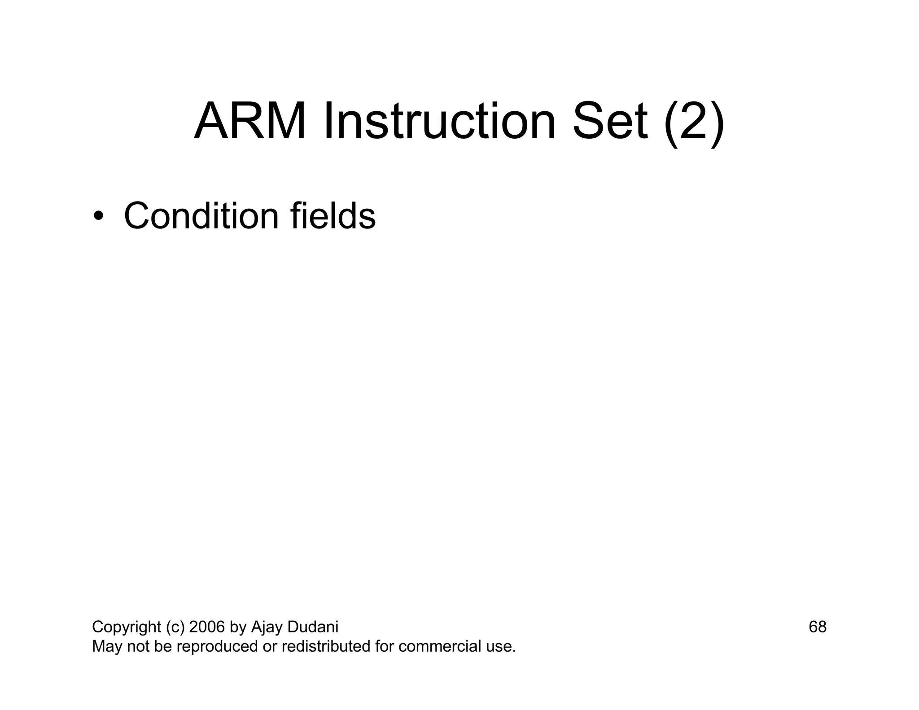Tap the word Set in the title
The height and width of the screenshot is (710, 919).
click(610, 122)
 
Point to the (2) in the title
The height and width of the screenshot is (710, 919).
click(694, 122)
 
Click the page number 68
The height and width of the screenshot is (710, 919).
click(817, 627)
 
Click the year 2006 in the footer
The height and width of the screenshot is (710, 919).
click(207, 627)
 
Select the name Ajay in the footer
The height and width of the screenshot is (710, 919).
click(266, 627)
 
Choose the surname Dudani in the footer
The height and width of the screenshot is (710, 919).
click(312, 627)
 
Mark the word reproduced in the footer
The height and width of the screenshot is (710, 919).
click(216, 647)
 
